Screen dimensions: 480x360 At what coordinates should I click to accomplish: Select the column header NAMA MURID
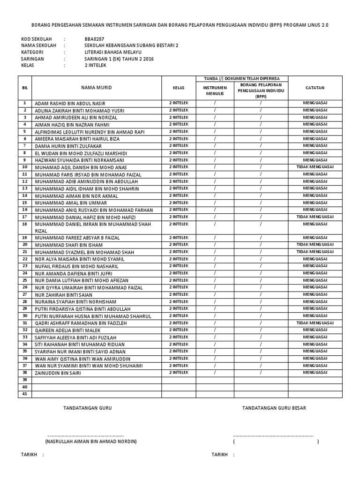pos(97,88)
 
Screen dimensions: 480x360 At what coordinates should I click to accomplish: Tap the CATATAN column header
pos(315,88)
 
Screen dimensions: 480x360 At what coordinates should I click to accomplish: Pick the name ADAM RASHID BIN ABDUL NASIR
pos(70,103)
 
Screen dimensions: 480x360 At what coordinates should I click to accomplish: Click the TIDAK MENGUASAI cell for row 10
pos(315,167)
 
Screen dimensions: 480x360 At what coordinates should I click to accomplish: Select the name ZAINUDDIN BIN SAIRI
pos(57,373)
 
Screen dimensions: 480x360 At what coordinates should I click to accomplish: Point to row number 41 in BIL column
pos(25,394)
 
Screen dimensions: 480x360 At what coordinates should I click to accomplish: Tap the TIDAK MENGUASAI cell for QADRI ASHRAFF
pos(315,323)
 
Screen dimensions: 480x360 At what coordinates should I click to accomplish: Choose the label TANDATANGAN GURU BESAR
pos(274,408)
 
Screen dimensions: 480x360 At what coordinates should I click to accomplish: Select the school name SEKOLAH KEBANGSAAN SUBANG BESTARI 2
pos(131,45)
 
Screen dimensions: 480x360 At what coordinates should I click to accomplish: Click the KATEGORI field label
pos(33,52)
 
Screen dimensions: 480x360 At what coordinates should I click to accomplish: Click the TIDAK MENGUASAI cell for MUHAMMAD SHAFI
pos(315,245)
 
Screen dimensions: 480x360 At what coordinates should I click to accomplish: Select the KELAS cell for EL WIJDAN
pos(179,153)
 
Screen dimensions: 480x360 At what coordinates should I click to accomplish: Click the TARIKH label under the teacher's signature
pos(29,455)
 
